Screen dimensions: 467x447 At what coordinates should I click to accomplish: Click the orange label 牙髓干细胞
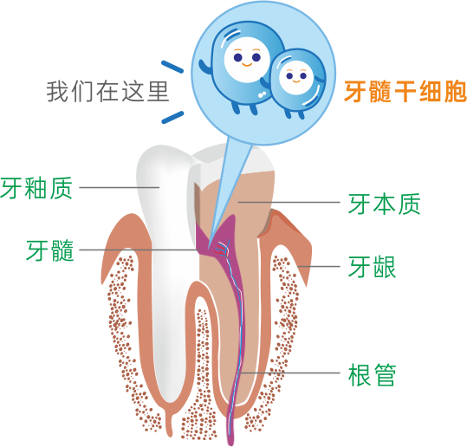pyautogui.click(x=405, y=92)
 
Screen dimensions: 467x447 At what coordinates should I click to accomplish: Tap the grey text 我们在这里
pyautogui.click(x=107, y=92)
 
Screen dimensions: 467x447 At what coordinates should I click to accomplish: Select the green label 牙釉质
pyautogui.click(x=36, y=188)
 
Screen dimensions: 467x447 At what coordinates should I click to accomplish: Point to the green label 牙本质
pyautogui.click(x=384, y=204)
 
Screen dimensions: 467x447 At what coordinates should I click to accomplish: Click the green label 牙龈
pyautogui.click(x=372, y=267)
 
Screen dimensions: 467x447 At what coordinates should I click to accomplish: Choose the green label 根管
pyautogui.click(x=372, y=374)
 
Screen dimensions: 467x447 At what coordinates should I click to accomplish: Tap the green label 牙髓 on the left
pyautogui.click(x=49, y=250)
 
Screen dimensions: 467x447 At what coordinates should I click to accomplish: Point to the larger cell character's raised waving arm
pyautogui.click(x=204, y=69)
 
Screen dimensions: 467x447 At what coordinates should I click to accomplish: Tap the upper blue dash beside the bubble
pyautogui.click(x=172, y=67)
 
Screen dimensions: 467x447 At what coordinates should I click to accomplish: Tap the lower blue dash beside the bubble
pyautogui.click(x=172, y=117)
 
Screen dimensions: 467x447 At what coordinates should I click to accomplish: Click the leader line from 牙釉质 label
pyautogui.click(x=120, y=187)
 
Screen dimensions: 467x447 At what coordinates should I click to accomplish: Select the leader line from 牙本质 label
pyautogui.click(x=289, y=202)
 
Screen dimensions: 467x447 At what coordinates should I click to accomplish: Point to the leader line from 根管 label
pyautogui.click(x=290, y=372)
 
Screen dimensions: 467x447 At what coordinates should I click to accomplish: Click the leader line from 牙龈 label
pyautogui.click(x=319, y=266)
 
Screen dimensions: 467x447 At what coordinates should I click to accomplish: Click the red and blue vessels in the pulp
pyautogui.click(x=223, y=248)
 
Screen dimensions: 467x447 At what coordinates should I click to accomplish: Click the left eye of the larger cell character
pyautogui.click(x=237, y=57)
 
